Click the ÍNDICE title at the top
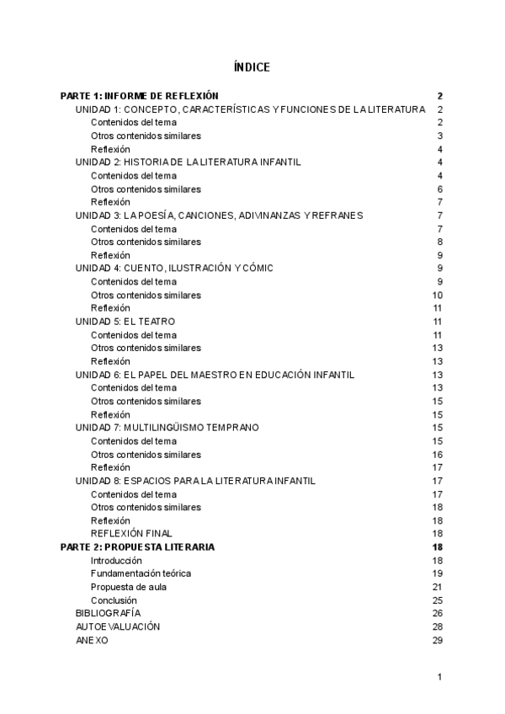(x=252, y=67)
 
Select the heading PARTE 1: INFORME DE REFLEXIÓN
(x=140, y=96)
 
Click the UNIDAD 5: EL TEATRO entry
(x=125, y=322)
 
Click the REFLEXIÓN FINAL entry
(x=131, y=534)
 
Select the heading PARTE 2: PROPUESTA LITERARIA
(x=137, y=547)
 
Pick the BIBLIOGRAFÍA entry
(x=109, y=613)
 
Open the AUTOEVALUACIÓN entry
(x=118, y=626)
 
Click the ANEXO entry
(x=92, y=640)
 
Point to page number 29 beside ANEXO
(x=438, y=640)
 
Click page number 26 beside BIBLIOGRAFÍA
(x=438, y=613)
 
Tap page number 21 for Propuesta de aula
(x=438, y=587)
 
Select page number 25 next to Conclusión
(x=438, y=600)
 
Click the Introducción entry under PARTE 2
(x=116, y=561)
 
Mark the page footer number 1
(x=439, y=677)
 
